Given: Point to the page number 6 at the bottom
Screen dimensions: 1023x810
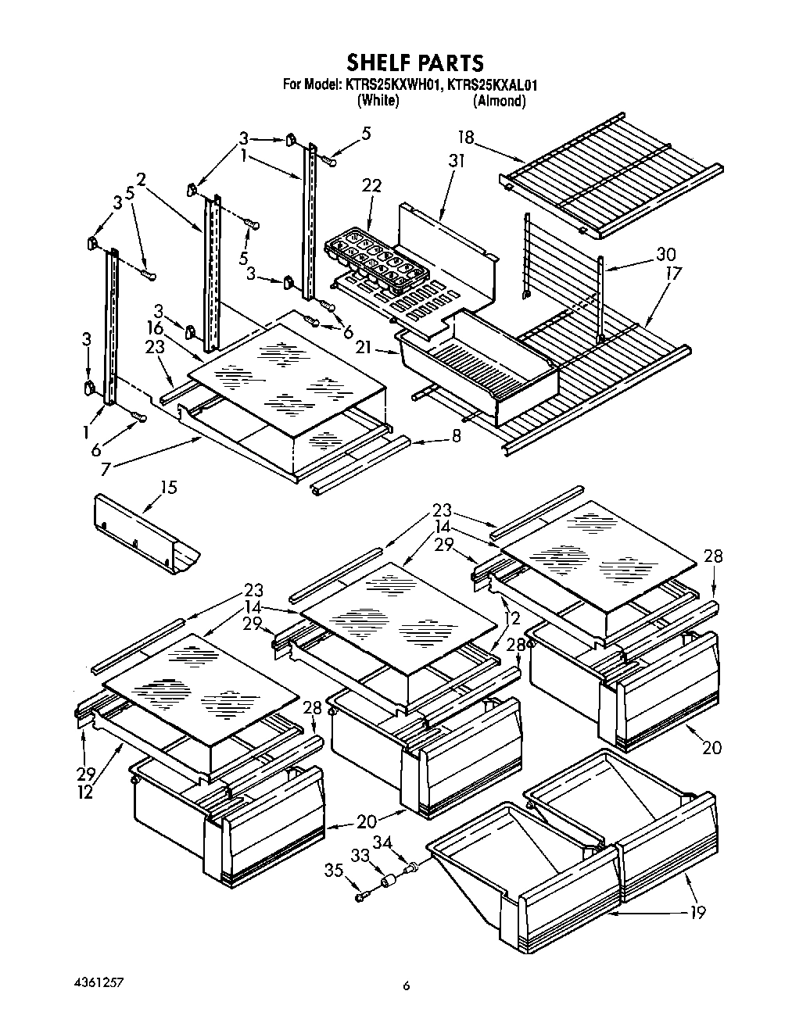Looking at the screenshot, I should [406, 986].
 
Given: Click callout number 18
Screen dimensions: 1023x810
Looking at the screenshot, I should [466, 138].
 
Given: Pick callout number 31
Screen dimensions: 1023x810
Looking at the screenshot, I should [457, 161].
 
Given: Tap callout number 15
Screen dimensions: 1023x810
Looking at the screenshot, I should [168, 488].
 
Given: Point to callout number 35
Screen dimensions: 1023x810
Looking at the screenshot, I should [335, 870].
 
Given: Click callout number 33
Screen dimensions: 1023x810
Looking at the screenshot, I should [360, 856].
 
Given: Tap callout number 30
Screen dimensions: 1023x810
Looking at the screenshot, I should [667, 255].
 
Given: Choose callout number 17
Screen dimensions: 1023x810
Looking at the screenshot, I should [673, 274].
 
